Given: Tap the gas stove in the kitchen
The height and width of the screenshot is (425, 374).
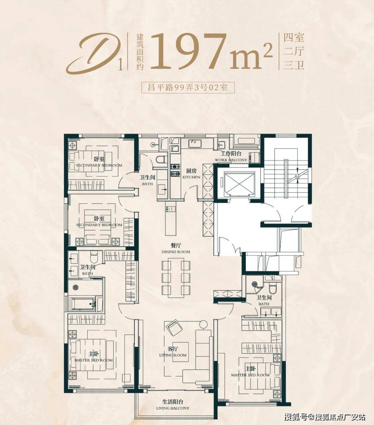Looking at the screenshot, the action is (175, 170).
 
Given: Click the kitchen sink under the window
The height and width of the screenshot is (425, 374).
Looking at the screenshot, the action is (195, 144).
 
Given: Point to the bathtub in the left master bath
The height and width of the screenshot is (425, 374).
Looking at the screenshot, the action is (83, 304).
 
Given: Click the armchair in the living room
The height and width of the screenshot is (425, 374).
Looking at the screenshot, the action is (174, 328).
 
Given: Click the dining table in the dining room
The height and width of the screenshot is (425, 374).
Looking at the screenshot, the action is (176, 278).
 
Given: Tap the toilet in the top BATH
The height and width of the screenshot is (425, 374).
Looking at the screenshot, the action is (162, 159).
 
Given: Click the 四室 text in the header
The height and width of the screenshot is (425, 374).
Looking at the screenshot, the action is (294, 38).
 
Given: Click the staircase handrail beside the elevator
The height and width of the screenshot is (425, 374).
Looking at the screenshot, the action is (286, 179).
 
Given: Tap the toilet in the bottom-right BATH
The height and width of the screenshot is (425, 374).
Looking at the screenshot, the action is (273, 288).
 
